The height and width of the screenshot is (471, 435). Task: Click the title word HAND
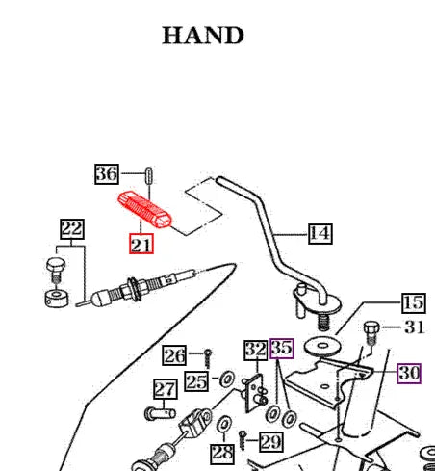click(203, 36)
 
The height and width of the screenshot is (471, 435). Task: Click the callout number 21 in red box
click(141, 246)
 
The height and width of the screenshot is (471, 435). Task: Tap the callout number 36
click(107, 174)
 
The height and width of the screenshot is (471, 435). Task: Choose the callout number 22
click(72, 229)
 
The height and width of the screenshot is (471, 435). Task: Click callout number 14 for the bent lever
click(320, 232)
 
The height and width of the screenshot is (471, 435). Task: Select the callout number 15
click(413, 302)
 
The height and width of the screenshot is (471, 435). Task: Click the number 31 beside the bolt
click(414, 327)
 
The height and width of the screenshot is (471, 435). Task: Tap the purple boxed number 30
click(409, 372)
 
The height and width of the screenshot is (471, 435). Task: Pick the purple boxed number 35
click(281, 348)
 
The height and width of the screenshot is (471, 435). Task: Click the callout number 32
click(255, 349)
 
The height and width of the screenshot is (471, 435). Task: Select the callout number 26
click(174, 356)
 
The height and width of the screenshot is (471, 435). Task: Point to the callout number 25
click(196, 381)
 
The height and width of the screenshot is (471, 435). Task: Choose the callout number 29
click(270, 442)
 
